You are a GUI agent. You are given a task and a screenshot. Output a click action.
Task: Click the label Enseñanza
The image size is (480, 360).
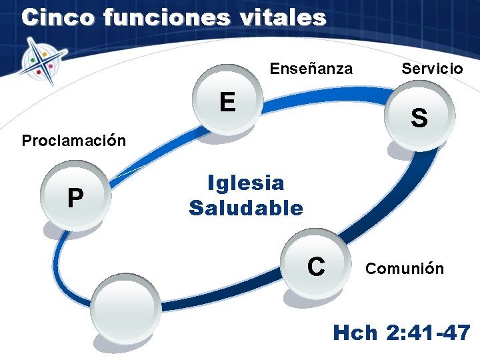[x=311, y=68]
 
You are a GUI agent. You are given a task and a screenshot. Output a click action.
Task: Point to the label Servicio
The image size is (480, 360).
[x=431, y=68]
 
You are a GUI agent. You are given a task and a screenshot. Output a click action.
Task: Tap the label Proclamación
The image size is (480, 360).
[x=73, y=141]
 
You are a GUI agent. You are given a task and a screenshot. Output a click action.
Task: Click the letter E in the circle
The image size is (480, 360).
[x=227, y=102]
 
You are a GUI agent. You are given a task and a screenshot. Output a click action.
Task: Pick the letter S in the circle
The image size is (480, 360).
[x=419, y=118]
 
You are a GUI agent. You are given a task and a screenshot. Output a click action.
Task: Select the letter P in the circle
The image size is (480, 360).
[x=75, y=198]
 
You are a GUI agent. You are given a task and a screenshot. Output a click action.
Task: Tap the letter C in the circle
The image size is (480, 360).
[x=316, y=266]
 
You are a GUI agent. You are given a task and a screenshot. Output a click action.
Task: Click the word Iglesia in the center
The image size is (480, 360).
[x=245, y=183]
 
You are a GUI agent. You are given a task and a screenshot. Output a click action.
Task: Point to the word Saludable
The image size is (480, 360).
[x=245, y=208]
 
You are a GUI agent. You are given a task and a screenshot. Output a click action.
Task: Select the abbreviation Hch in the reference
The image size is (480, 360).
[x=355, y=332]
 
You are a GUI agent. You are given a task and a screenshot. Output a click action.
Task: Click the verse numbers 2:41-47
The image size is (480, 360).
[x=428, y=332]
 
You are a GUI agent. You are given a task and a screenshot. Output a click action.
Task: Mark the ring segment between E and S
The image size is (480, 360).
[x=327, y=99]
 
